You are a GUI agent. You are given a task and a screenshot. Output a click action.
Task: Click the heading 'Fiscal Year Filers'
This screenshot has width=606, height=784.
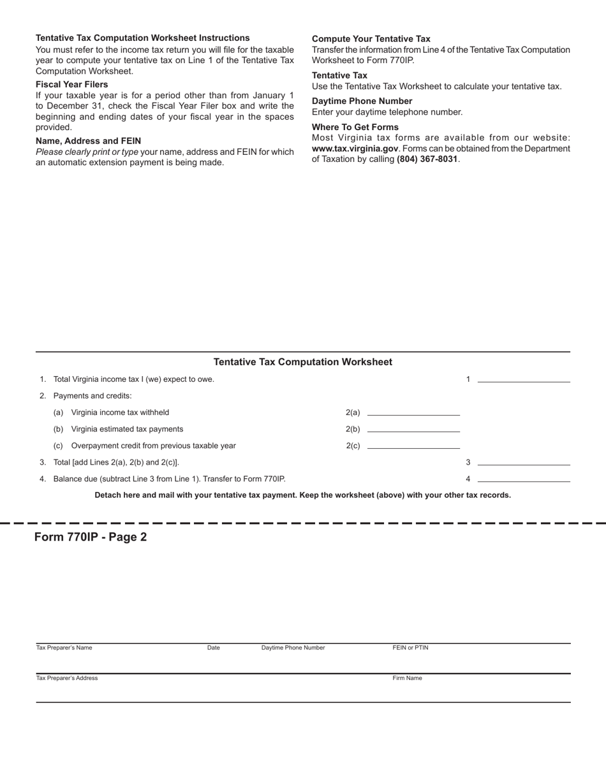click(x=71, y=84)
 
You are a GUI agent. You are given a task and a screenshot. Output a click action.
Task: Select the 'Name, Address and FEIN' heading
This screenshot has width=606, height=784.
click(x=88, y=141)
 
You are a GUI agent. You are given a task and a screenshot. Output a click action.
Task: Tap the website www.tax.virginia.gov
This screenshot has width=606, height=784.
click(x=355, y=149)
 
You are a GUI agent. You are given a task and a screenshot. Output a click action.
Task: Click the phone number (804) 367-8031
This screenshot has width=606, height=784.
click(x=427, y=159)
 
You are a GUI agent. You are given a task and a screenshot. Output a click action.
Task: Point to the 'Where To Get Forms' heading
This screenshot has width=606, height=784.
click(x=355, y=127)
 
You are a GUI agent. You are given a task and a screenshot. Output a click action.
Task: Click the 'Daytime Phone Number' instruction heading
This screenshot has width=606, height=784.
click(x=362, y=101)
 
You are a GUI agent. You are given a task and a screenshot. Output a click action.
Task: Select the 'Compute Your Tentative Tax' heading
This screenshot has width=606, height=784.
click(x=371, y=39)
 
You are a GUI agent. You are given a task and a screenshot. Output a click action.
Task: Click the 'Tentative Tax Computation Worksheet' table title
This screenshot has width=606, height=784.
click(x=302, y=362)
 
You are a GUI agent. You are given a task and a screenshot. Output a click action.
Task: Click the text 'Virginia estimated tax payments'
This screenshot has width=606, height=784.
click(x=127, y=429)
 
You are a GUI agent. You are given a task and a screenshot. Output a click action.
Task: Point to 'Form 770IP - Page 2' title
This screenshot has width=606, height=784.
click(x=91, y=537)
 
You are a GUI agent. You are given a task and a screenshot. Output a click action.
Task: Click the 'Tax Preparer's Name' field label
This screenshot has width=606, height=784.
click(x=64, y=648)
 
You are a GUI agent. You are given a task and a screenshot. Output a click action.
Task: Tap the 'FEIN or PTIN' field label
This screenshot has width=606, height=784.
click(x=410, y=648)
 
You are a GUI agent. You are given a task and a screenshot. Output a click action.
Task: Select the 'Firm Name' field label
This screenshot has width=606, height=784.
click(x=407, y=678)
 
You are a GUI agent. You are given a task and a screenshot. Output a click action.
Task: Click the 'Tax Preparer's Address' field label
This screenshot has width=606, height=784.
click(x=67, y=678)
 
